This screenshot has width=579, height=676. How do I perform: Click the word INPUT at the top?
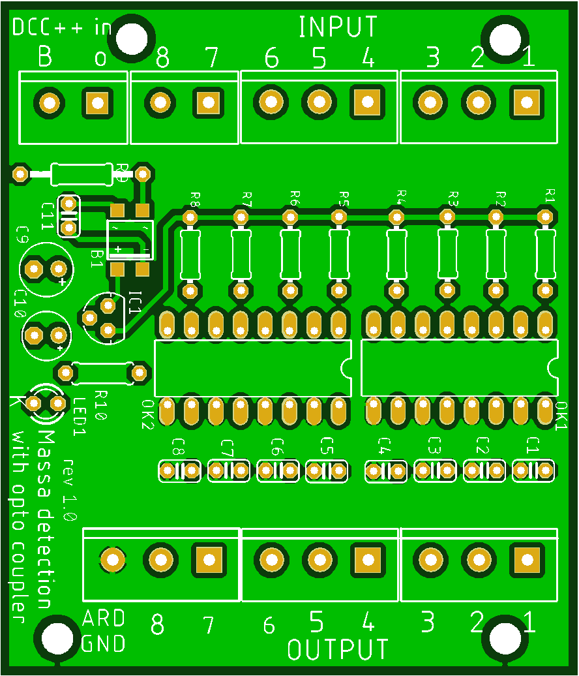click(x=338, y=27)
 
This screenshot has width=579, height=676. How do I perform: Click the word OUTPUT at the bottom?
click(x=338, y=649)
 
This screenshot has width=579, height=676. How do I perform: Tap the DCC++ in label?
click(x=62, y=27)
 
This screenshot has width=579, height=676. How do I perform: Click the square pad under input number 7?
click(x=208, y=102)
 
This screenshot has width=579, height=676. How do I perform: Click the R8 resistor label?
click(x=195, y=198)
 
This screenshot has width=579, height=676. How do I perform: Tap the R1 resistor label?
click(x=550, y=194)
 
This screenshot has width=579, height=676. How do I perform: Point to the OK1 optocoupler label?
click(x=561, y=416)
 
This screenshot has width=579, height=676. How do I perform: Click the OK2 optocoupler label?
click(x=147, y=415)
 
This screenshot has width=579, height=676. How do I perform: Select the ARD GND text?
click(x=103, y=631)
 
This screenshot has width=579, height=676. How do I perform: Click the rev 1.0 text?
click(x=70, y=490)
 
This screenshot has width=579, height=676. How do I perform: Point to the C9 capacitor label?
click(x=23, y=234)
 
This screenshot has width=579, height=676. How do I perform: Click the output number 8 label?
click(x=157, y=626)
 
